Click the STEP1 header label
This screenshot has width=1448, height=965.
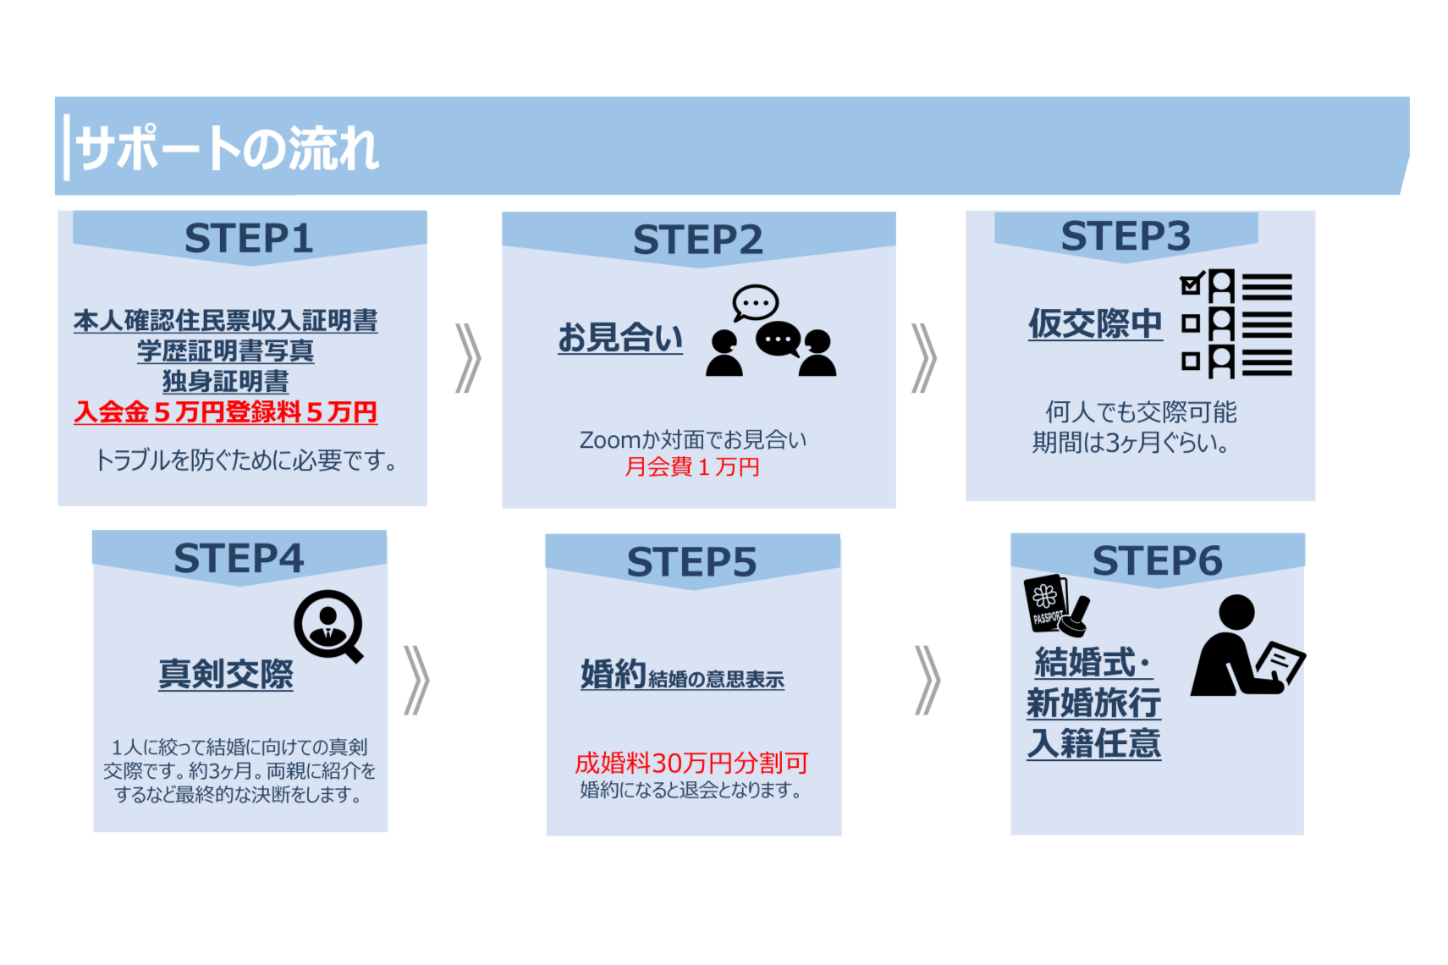[249, 238]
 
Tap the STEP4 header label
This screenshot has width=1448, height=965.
[239, 559]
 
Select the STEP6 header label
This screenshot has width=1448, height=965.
[1157, 560]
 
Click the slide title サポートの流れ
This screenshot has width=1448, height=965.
[228, 150]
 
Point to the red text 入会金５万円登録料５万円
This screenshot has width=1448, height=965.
[225, 412]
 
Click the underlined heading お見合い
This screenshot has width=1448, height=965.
[619, 338]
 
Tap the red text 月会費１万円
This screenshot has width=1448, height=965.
[691, 466]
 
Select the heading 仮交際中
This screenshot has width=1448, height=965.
[1095, 323]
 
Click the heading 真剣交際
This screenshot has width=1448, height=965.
[226, 674]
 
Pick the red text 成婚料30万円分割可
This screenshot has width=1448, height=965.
[691, 763]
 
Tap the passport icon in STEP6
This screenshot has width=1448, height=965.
[1047, 602]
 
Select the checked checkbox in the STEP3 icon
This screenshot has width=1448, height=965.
[1192, 284]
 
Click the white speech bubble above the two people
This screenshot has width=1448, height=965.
[755, 302]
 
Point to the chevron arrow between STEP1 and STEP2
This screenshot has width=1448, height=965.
[468, 358]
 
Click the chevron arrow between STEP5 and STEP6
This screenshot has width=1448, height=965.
[928, 681]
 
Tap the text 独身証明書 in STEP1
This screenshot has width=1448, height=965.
[225, 382]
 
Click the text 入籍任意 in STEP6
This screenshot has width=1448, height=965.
[1093, 743]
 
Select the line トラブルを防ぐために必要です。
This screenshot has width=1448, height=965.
[245, 460]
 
